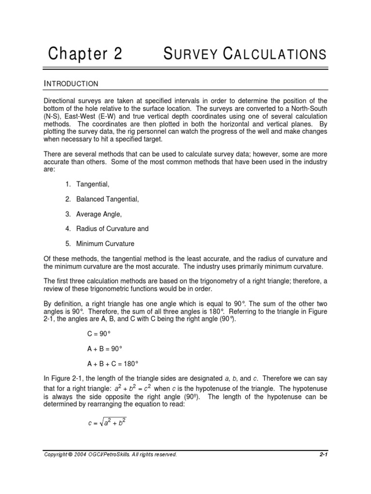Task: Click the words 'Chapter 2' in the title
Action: point(85,54)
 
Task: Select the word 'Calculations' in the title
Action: point(275,54)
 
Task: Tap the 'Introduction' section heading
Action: point(71,84)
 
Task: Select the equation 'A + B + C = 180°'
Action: point(113,363)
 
